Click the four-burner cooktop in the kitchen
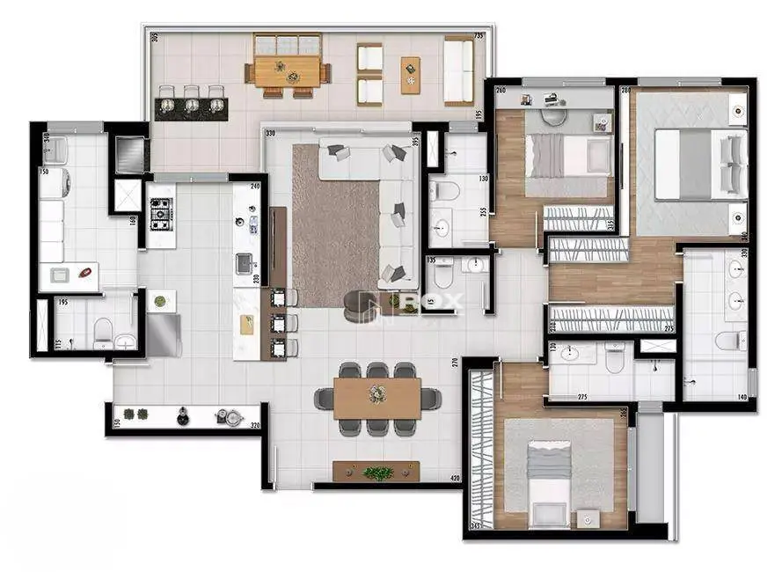coord(160,211)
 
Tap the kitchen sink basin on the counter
coord(244,262)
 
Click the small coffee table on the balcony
coord(411,74)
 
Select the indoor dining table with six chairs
coord(377,398)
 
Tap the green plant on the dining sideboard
coord(378,473)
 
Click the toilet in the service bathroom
coord(103,331)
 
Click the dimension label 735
coord(479,36)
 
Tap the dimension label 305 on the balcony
coord(153,37)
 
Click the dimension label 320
coord(255,427)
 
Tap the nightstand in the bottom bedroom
coord(588,519)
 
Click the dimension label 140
coord(742,398)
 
